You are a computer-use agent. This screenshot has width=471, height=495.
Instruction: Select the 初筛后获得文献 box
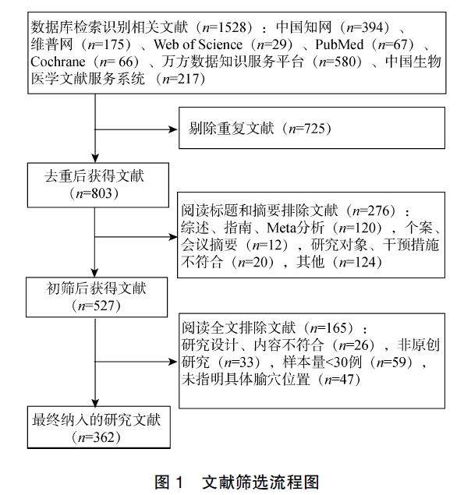coord(95,295)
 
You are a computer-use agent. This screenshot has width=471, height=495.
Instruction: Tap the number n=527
coord(94,305)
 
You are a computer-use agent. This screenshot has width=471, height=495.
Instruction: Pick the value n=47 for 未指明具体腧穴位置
coord(336,380)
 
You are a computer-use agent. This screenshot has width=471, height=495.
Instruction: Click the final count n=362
coord(94,437)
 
